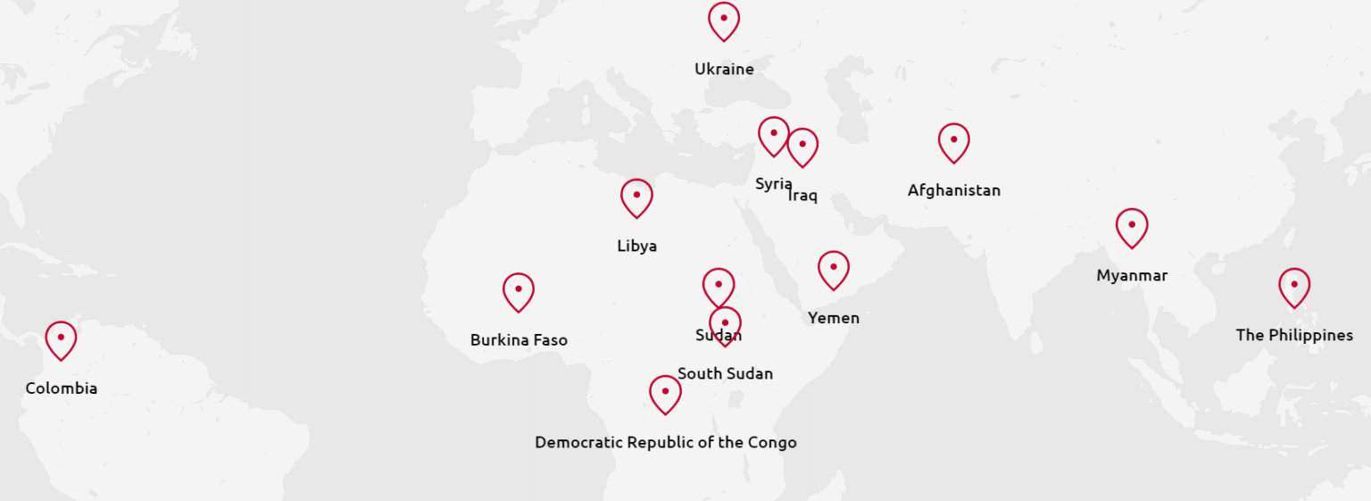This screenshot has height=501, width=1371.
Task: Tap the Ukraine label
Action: pos(724,69)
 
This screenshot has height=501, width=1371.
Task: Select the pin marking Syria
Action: pos(773,135)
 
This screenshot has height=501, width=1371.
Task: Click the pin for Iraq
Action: pos(802,146)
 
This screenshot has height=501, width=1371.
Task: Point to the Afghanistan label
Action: pos(953,190)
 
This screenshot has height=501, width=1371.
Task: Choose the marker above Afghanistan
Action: pos(953,141)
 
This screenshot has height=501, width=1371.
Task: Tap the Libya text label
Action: pos(636,246)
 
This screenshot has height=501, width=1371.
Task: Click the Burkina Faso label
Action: pos(519,340)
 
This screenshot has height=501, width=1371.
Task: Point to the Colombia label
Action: pos(61,388)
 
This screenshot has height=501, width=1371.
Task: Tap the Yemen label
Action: pos(833,318)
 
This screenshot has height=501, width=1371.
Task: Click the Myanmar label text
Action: pos(1131,276)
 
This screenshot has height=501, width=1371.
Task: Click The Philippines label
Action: pos(1293,336)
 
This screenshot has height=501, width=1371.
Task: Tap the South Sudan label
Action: pos(725,374)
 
